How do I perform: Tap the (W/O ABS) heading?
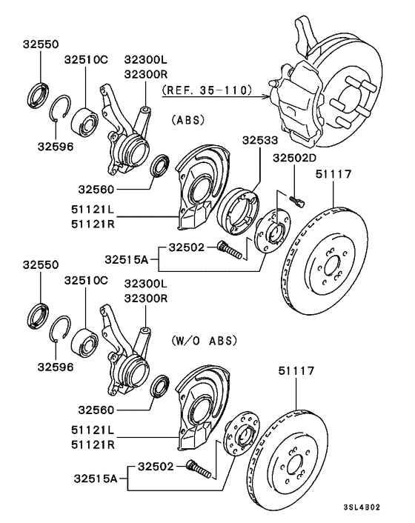coord(205,341)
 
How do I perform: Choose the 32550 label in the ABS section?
coord(40,44)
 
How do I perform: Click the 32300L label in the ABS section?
coord(146,59)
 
